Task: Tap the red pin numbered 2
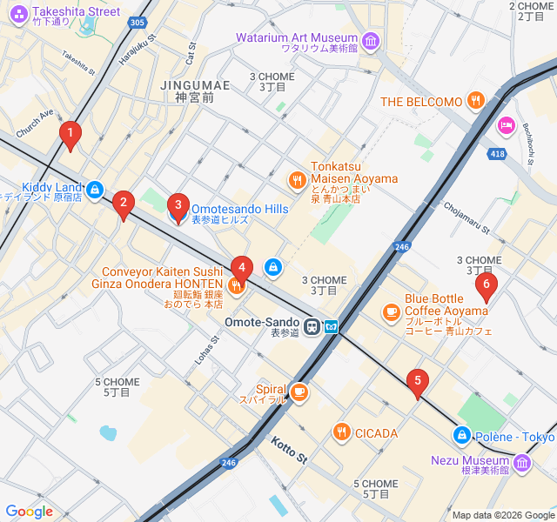[124, 204]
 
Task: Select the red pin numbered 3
[178, 207]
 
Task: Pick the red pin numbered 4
[241, 268]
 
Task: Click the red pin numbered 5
[419, 380]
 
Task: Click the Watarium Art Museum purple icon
[371, 40]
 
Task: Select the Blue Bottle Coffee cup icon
[391, 311]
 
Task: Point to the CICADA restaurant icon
[341, 432]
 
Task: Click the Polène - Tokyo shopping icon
[461, 435]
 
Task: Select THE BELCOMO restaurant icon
[475, 101]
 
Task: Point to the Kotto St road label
[289, 451]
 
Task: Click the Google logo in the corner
[29, 512]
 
